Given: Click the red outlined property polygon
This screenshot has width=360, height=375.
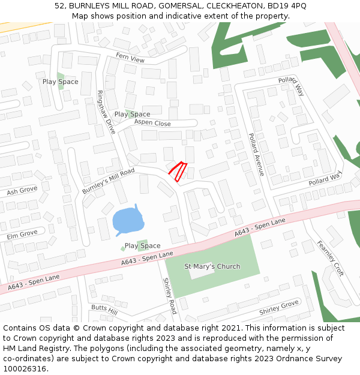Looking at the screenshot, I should pyautogui.click(x=178, y=170).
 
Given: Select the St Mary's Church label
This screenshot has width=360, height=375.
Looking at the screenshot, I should pyautogui.click(x=212, y=266).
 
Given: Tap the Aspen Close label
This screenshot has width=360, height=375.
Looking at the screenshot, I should pyautogui.click(x=152, y=123).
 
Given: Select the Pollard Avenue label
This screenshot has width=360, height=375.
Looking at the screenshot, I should pyautogui.click(x=256, y=154).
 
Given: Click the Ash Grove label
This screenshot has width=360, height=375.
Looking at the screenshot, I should pyautogui.click(x=22, y=192).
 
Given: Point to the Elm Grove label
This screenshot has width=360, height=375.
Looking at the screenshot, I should pyautogui.click(x=22, y=234).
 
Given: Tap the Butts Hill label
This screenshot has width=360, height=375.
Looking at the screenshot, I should pyautogui.click(x=104, y=309).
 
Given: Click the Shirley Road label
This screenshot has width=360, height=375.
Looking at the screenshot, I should pyautogui.click(x=170, y=295).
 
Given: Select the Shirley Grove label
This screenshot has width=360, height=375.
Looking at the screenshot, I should pyautogui.click(x=278, y=308).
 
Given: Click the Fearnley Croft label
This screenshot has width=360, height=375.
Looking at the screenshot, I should pyautogui.click(x=331, y=258).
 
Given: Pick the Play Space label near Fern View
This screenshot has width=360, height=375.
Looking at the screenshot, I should pyautogui.click(x=60, y=82).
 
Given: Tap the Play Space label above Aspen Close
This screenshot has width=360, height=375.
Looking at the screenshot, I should pyautogui.click(x=132, y=114).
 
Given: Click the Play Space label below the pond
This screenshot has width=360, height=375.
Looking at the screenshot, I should pyautogui.click(x=142, y=246).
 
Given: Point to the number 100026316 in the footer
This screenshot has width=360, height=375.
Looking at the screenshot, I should pyautogui.click(x=25, y=368).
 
